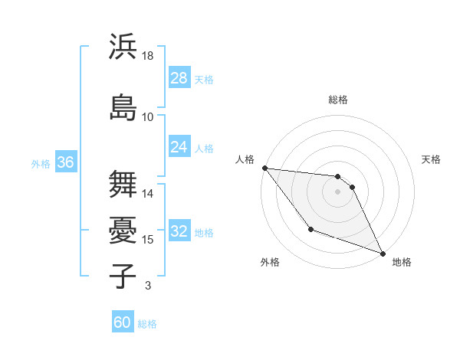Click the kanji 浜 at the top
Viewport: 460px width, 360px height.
tap(123, 47)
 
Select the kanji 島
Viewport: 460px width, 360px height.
tap(123, 106)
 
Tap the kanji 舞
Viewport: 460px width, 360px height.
tap(123, 183)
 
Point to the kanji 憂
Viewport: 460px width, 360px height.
tap(123, 229)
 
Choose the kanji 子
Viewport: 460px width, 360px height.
tap(123, 275)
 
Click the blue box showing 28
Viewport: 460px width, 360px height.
tap(179, 78)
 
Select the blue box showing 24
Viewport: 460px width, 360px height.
tap(179, 147)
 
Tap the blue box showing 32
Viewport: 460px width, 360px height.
tap(179, 231)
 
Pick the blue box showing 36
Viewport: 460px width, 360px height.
tap(65, 162)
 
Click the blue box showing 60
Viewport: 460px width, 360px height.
tap(123, 322)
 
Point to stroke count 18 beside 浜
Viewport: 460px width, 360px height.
tap(148, 56)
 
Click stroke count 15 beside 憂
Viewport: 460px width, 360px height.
tap(148, 240)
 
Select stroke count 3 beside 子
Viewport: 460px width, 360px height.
tap(148, 286)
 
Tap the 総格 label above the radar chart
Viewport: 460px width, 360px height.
tap(338, 100)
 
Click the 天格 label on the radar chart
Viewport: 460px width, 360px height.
tap(432, 159)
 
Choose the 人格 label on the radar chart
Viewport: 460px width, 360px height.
tap(245, 159)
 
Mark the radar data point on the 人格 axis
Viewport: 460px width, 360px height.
tap(264, 168)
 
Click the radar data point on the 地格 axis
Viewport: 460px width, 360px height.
tap(383, 254)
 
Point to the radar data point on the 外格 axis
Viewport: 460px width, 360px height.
tap(310, 229)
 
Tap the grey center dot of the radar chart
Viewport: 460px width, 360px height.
tap(338, 191)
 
